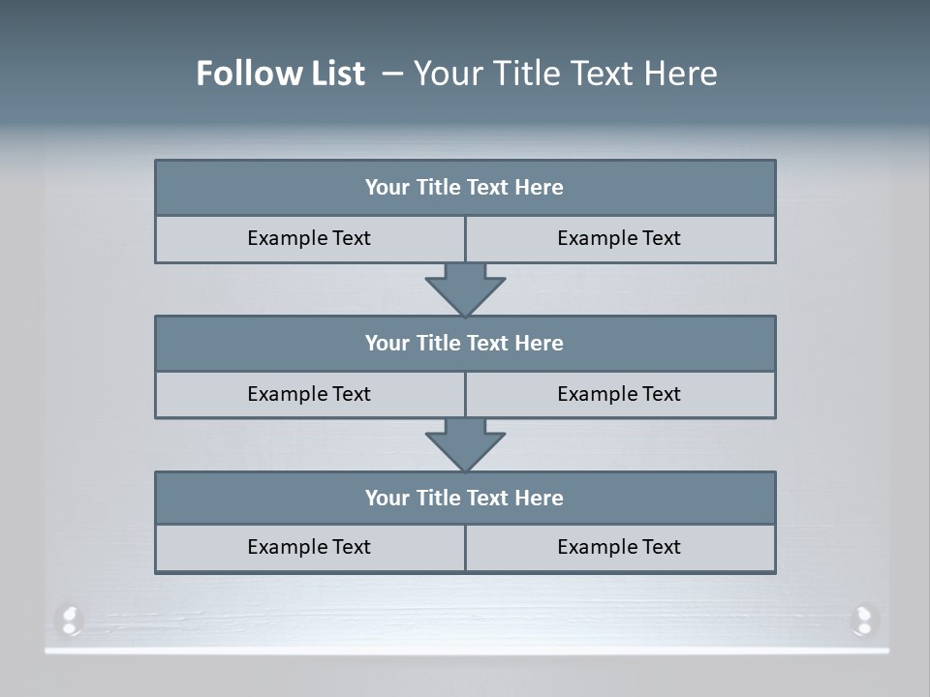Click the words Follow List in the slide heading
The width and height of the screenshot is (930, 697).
pyautogui.click(x=280, y=74)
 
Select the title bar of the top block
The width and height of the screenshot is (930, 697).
pyautogui.click(x=465, y=188)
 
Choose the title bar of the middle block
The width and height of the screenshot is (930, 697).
pyautogui.click(x=465, y=344)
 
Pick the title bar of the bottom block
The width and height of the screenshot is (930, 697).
pyautogui.click(x=465, y=499)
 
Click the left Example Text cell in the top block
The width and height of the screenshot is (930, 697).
pyautogui.click(x=309, y=239)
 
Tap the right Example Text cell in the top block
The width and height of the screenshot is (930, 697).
pyautogui.click(x=620, y=239)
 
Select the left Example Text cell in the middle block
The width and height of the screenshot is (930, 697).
pyautogui.click(x=309, y=395)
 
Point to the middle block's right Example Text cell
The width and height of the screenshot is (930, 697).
pyautogui.click(x=620, y=395)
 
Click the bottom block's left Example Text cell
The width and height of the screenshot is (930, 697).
pyautogui.click(x=309, y=548)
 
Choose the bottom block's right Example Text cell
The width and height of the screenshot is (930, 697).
pyautogui.click(x=620, y=548)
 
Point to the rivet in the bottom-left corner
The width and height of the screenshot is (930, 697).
pyautogui.click(x=69, y=620)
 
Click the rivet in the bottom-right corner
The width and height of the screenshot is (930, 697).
pyautogui.click(x=862, y=620)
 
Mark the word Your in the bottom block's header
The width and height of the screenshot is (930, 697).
pyautogui.click(x=387, y=499)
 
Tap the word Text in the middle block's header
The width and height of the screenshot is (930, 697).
pyautogui.click(x=488, y=344)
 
